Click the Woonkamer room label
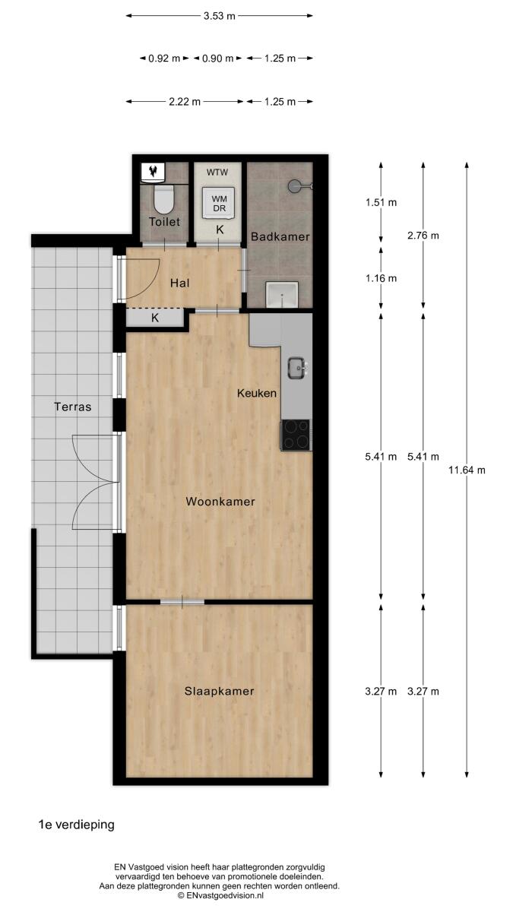tap(220, 501)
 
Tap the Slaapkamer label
tap(219, 691)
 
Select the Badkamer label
tap(280, 236)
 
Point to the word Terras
tap(73, 407)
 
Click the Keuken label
tap(257, 394)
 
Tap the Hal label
tap(180, 283)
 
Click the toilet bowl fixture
tap(163, 199)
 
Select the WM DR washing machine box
tap(220, 203)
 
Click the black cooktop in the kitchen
tap(296, 435)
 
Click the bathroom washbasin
tap(282, 294)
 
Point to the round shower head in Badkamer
tap(296, 186)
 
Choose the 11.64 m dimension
tap(467, 470)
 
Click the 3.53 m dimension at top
tap(220, 16)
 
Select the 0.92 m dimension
tap(164, 59)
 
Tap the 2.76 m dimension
tap(423, 236)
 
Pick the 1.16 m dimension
tap(381, 278)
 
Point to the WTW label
tap(217, 173)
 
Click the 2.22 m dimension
tap(185, 101)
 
